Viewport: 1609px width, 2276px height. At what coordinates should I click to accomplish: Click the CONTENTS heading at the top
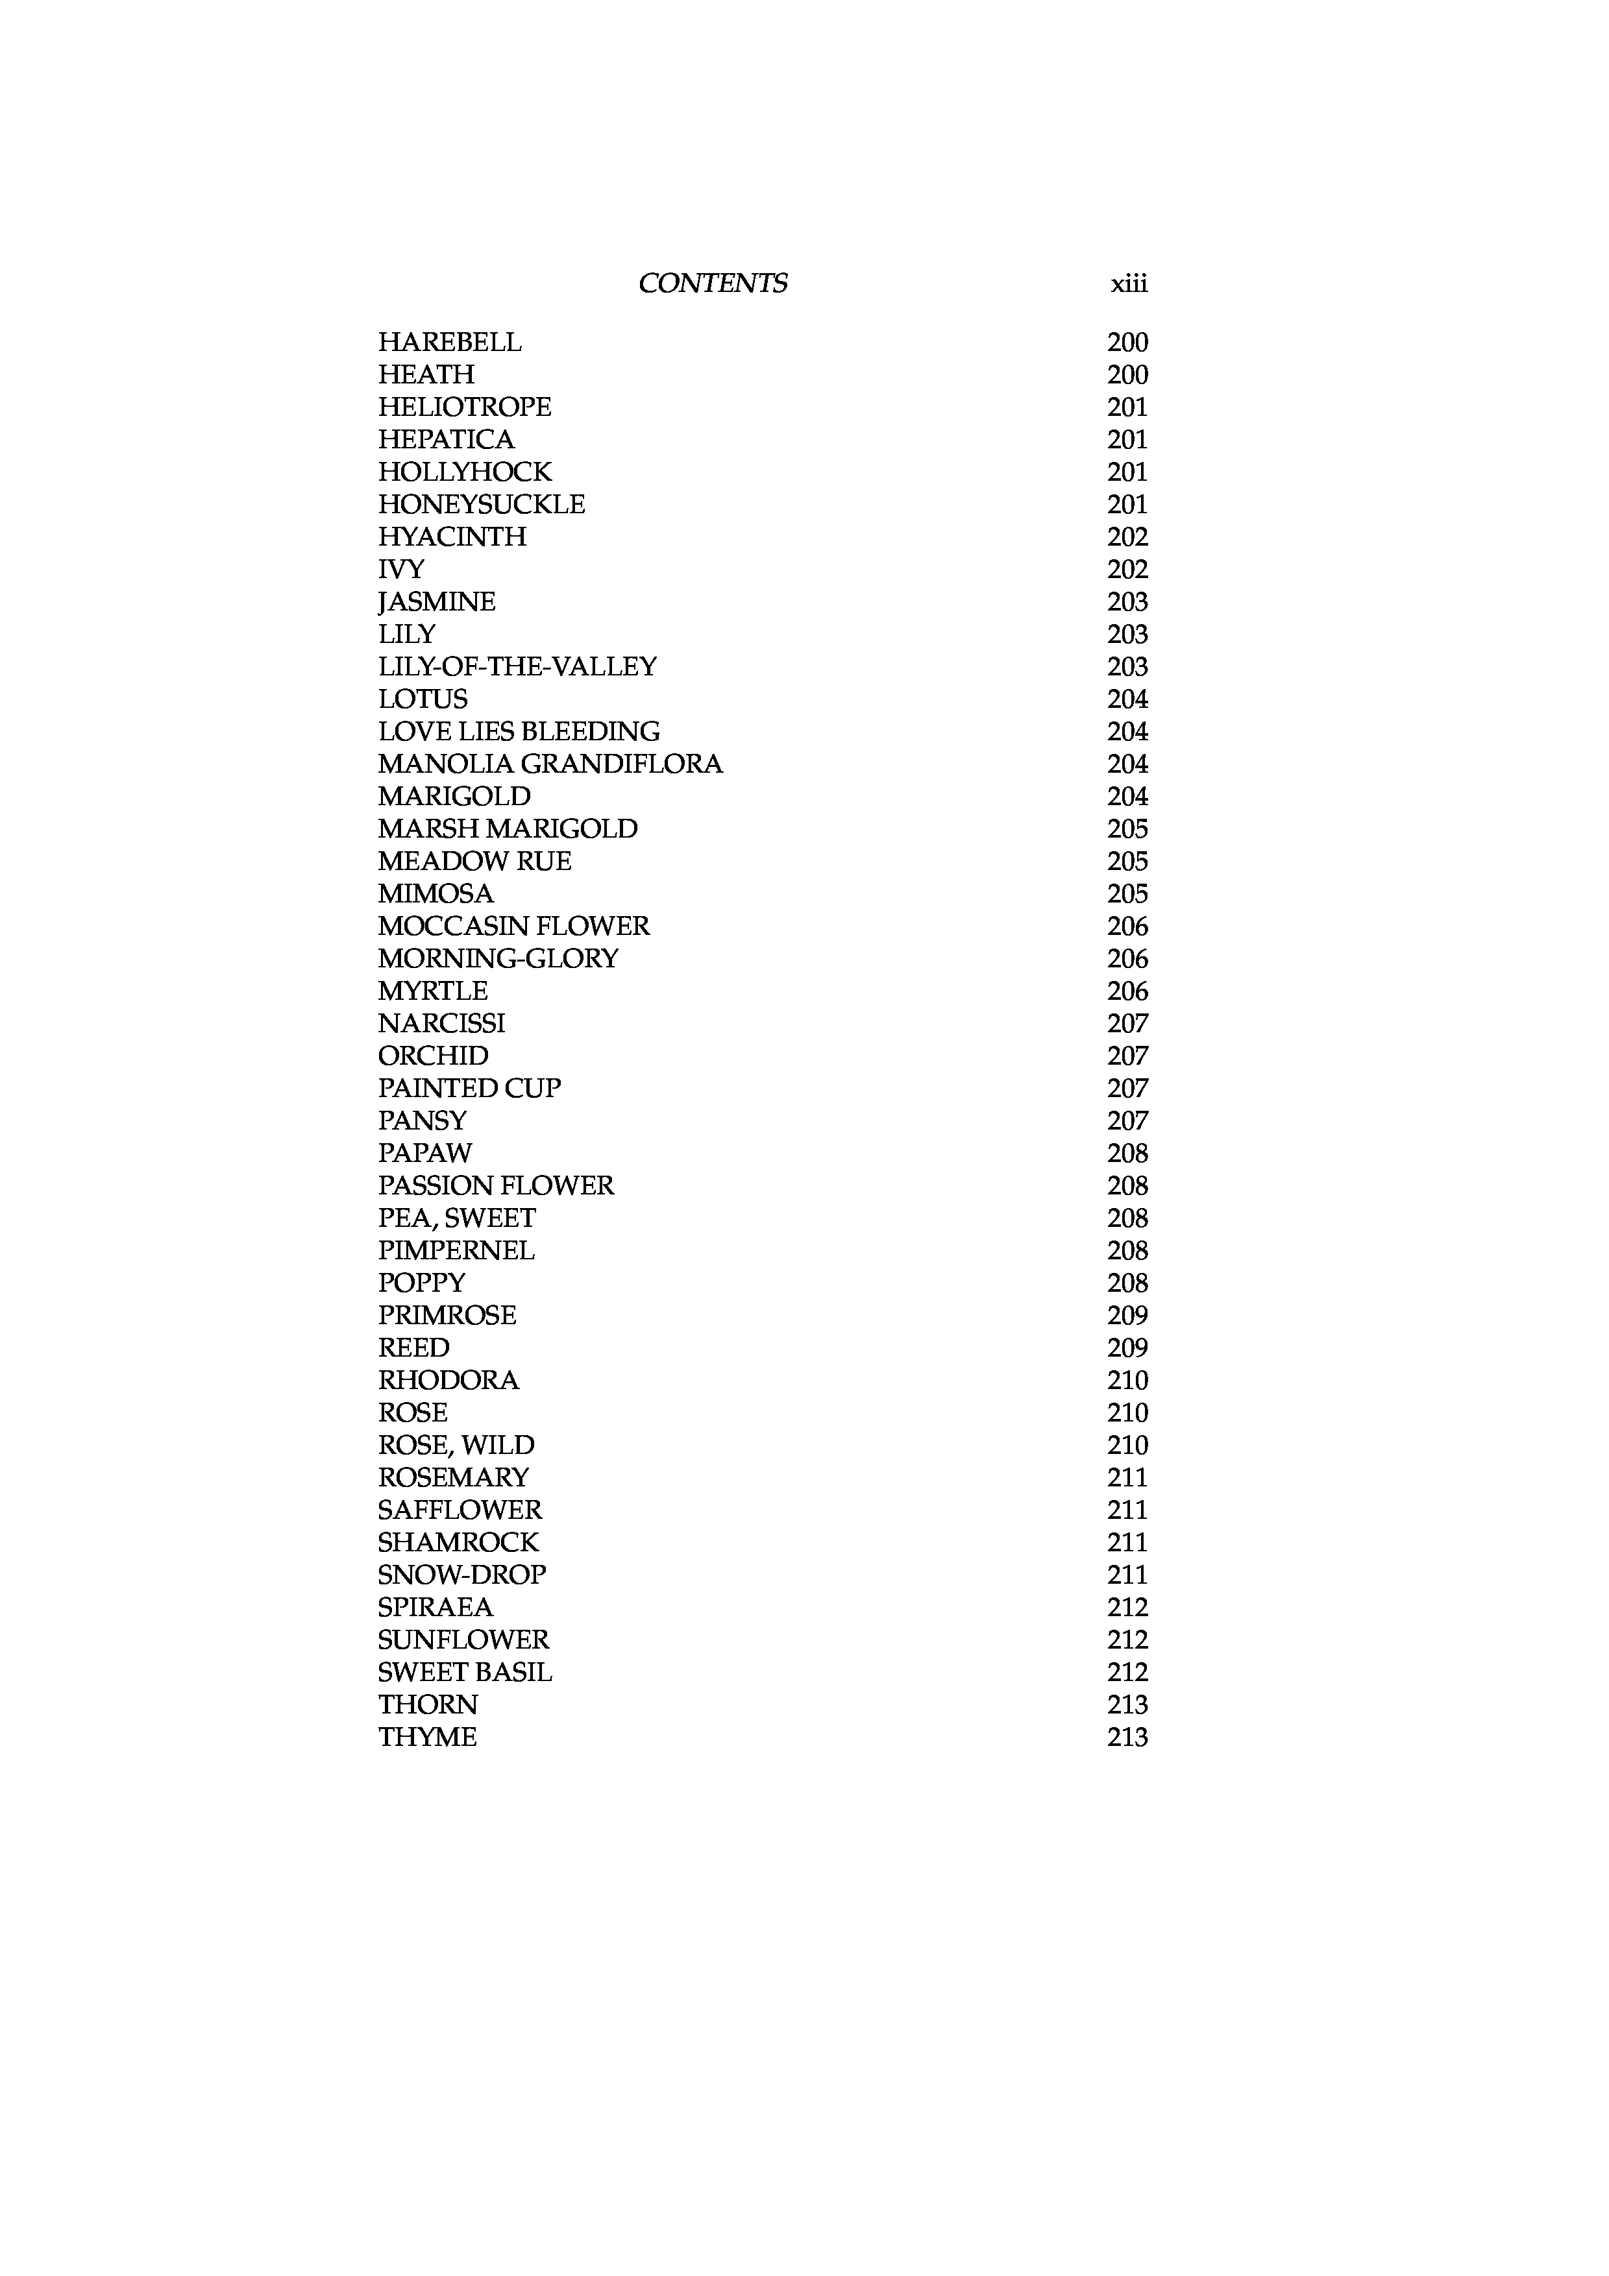tap(713, 284)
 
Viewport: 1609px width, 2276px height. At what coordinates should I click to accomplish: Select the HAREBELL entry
tap(449, 342)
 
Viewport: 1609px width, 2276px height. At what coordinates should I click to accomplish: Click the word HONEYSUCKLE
tap(481, 505)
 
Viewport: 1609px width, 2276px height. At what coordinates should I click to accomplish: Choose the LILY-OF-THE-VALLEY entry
tap(517, 666)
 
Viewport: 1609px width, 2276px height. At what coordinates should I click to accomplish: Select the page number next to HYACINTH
tap(1127, 537)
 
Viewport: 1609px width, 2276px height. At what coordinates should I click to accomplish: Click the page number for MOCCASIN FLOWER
tap(1127, 926)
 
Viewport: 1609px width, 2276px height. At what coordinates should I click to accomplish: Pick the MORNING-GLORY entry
tap(498, 958)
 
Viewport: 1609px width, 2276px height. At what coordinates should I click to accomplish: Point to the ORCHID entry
tap(433, 1056)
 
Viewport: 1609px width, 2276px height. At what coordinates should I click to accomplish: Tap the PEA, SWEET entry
tap(456, 1218)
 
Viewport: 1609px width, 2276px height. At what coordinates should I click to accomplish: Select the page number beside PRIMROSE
tap(1127, 1315)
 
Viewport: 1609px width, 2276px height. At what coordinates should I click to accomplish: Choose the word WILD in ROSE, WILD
tap(497, 1446)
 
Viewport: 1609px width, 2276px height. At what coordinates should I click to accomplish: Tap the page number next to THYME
tap(1127, 1737)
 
